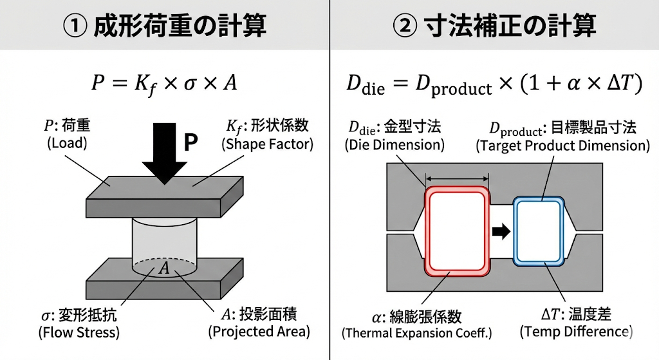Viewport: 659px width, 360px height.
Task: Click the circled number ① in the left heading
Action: tap(75, 26)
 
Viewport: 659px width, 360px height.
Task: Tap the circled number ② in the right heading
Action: tap(405, 26)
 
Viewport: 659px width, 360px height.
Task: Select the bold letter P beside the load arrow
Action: tap(190, 142)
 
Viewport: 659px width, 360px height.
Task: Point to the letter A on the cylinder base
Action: tap(164, 268)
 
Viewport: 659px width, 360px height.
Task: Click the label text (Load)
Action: tap(67, 144)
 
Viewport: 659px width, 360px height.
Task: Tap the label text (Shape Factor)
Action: tap(267, 144)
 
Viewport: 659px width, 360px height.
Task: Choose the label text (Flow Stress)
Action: tap(79, 333)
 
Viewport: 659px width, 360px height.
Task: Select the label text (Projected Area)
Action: tap(259, 332)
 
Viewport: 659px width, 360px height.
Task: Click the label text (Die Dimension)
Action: tap(394, 145)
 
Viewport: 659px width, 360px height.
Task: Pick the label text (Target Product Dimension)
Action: tap(562, 146)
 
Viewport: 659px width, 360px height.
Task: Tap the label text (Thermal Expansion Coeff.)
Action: tap(416, 334)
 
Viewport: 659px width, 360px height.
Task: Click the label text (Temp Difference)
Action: tap(576, 332)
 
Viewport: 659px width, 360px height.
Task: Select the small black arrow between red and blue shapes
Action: tap(501, 231)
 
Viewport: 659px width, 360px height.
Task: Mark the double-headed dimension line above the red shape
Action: tap(458, 178)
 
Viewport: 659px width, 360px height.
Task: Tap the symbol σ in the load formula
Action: tap(190, 84)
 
